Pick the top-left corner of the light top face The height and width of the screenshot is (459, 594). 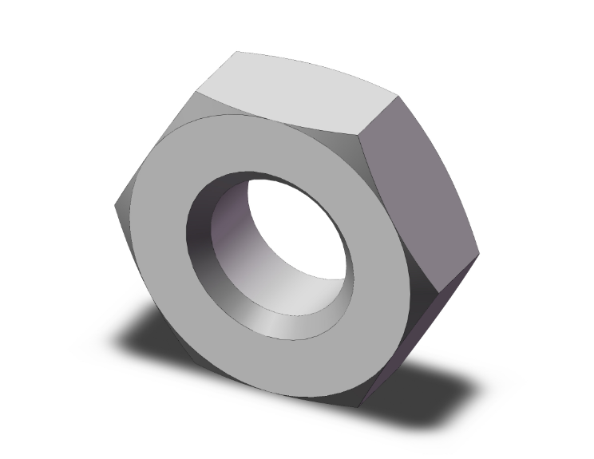pyautogui.click(x=236, y=52)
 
